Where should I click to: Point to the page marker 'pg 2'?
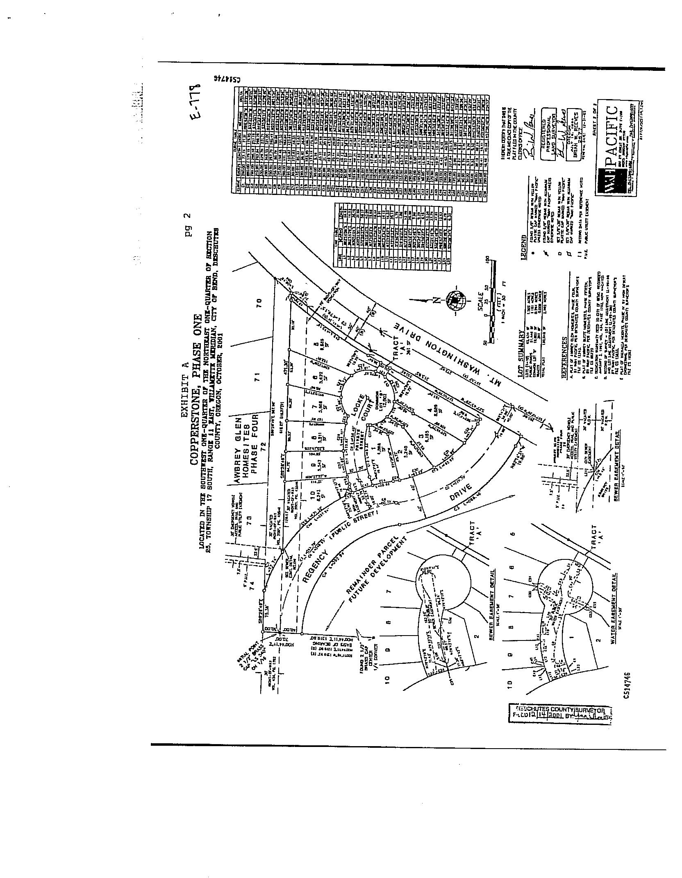point(187,225)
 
